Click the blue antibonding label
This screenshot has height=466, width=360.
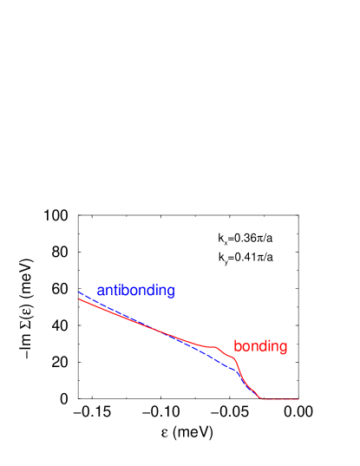135,291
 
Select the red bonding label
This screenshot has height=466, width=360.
260,346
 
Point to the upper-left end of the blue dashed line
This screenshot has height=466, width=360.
79,292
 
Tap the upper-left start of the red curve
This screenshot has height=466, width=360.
79,299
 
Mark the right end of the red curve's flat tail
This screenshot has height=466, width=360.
299,399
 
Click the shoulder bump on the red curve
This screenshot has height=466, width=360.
213,346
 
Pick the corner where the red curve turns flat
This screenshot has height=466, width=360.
262,399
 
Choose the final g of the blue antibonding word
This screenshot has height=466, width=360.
171,292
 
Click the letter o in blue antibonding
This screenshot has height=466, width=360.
136,292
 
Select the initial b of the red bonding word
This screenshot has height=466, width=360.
237,346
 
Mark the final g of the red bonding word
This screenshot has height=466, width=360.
284,348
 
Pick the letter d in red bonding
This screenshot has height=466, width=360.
259,346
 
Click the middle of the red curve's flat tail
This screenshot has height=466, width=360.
280,399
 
